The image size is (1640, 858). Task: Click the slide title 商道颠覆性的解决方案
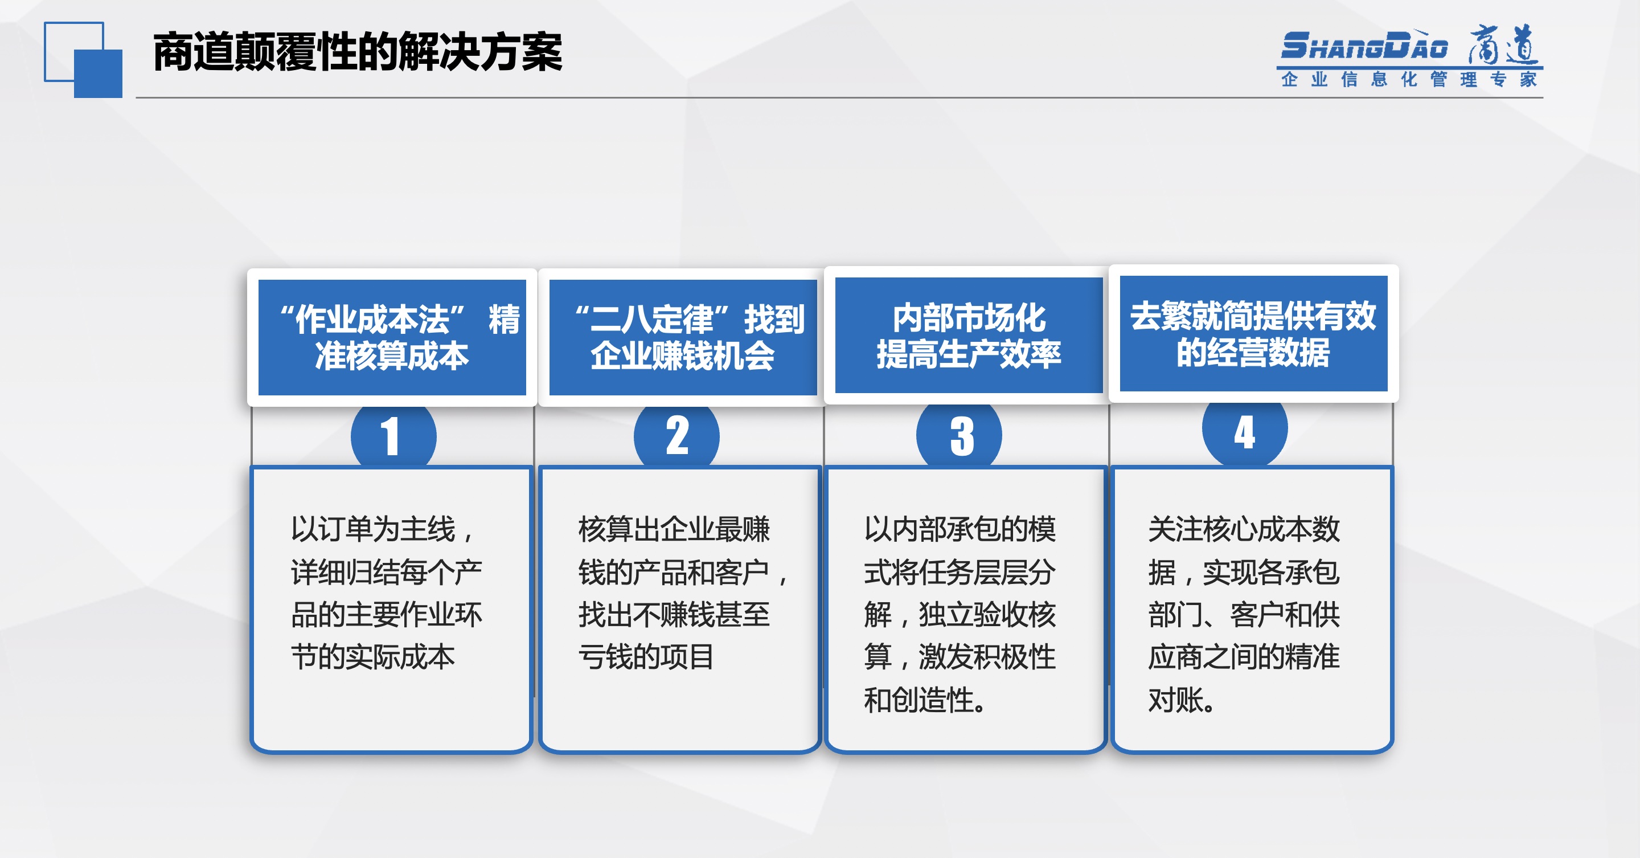click(357, 52)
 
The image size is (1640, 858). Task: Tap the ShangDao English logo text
click(1364, 46)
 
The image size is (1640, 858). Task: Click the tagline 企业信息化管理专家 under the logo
click(1409, 80)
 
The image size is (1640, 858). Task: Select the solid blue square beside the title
click(98, 74)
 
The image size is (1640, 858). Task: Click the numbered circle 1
click(393, 436)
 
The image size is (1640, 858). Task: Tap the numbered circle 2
click(676, 436)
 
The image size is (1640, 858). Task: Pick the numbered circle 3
click(960, 435)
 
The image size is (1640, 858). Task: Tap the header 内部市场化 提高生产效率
click(969, 336)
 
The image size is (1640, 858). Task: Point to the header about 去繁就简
click(1253, 334)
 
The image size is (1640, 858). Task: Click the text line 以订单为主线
click(382, 529)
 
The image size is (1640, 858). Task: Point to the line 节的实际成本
click(373, 657)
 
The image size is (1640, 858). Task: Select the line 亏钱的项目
click(646, 657)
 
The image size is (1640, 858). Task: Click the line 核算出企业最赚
click(674, 529)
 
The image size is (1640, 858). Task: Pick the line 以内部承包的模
click(960, 529)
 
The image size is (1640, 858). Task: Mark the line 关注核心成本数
click(1244, 529)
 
